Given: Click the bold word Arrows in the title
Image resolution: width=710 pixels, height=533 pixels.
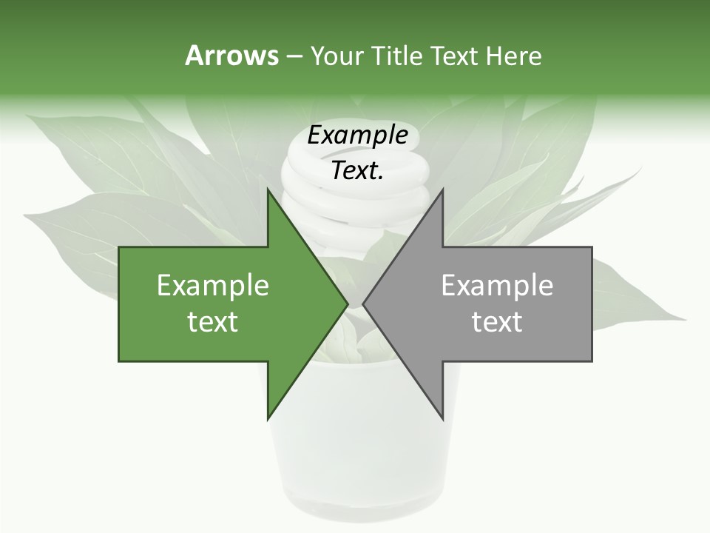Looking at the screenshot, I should [231, 56].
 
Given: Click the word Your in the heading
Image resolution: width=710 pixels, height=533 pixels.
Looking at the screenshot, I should [337, 56].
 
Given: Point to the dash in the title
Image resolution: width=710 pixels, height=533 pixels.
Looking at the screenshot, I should [294, 57].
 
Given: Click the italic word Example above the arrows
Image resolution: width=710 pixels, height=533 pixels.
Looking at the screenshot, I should [357, 135].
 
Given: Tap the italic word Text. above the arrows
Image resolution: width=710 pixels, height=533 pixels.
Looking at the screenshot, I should [357, 171].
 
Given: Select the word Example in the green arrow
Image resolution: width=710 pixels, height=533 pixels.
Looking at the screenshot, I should [213, 286].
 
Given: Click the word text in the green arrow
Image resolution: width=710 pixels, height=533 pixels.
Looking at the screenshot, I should [213, 322].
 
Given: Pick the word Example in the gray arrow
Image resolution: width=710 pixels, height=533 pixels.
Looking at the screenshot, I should [497, 286].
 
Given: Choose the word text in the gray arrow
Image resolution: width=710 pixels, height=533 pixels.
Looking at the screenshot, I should [497, 322].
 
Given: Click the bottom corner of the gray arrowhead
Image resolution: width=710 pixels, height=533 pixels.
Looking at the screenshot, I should [442, 418].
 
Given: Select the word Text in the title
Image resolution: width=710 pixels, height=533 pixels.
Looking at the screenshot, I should [453, 56].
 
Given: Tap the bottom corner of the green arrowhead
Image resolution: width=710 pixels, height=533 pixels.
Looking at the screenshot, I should [268, 418].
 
